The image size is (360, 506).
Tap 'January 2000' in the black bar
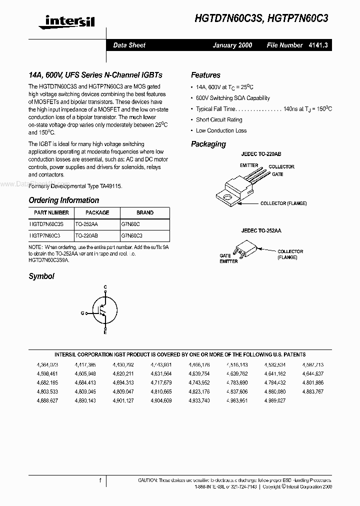coord(232,45)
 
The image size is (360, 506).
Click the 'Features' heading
coord(205,75)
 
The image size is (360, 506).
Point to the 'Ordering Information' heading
coord(63,200)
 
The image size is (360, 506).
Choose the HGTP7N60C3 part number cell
coord(45,234)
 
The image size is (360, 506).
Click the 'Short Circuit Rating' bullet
coord(219,119)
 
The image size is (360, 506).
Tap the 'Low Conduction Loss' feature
coord(221,130)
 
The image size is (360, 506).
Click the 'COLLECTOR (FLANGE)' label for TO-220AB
coord(283,203)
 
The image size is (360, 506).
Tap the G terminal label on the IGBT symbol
coord(82,313)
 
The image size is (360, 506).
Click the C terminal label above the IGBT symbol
coord(105,287)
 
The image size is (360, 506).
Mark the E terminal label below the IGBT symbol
coord(105,332)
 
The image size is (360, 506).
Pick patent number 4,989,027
coord(275,400)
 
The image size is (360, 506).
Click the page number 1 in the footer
coord(100,480)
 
